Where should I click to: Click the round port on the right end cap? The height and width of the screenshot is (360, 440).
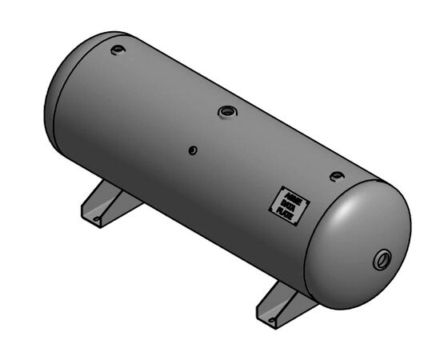pos(384,259)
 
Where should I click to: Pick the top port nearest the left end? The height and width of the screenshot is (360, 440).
pos(118,50)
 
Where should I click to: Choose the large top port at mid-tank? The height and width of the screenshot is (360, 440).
pos(228,111)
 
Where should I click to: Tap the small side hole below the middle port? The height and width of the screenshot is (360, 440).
pos(193,150)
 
